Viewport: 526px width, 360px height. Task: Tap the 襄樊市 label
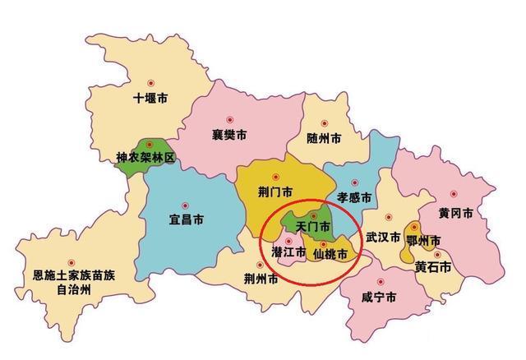[229, 135]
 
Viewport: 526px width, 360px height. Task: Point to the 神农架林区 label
[145, 156]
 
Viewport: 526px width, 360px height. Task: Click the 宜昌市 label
[186, 219]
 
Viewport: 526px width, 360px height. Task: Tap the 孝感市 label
[354, 197]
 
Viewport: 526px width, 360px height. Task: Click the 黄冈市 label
[454, 213]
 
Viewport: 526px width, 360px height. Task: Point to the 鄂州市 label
[424, 240]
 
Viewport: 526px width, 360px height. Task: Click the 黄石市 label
[433, 268]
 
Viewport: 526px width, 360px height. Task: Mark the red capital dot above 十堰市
[150, 83]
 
